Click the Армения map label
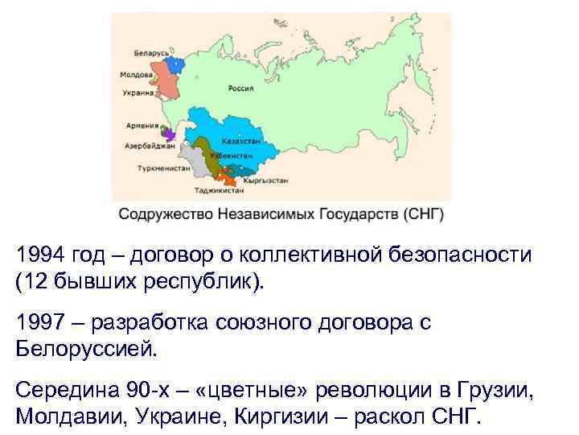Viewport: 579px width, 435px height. pyautogui.click(x=142, y=126)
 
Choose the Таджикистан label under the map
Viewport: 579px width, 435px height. pyautogui.click(x=219, y=192)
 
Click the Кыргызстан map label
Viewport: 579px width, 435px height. pyautogui.click(x=269, y=180)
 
